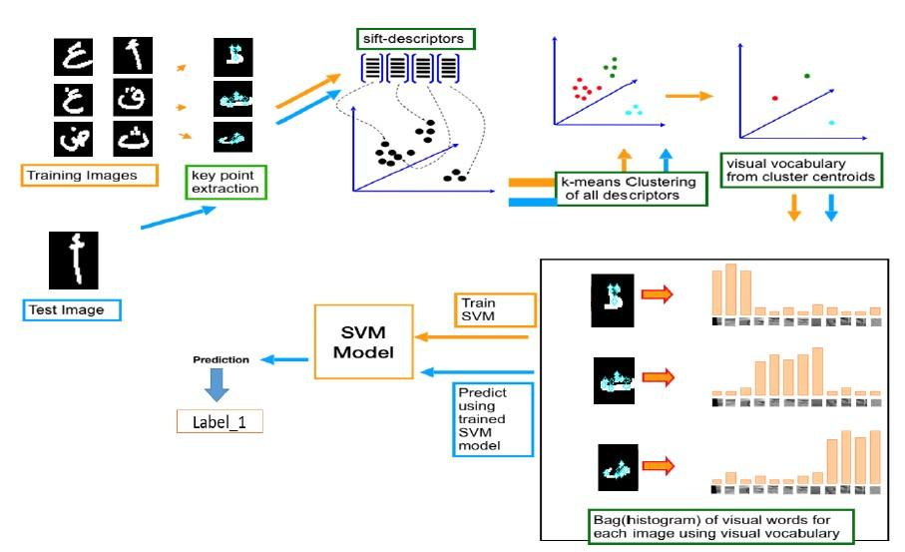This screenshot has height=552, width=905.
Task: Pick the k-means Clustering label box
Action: click(x=631, y=188)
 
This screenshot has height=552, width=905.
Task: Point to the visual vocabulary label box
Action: click(x=802, y=170)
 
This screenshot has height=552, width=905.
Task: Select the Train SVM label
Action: click(x=494, y=308)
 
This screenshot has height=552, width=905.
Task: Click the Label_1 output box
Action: click(x=220, y=422)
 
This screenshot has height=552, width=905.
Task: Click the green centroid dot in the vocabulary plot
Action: click(x=806, y=76)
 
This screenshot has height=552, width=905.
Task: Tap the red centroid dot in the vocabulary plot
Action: click(x=775, y=98)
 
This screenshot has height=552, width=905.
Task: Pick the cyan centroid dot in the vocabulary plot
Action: click(x=832, y=122)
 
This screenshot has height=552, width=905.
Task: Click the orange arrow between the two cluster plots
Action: click(x=689, y=96)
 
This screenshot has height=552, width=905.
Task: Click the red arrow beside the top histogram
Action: click(x=657, y=294)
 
